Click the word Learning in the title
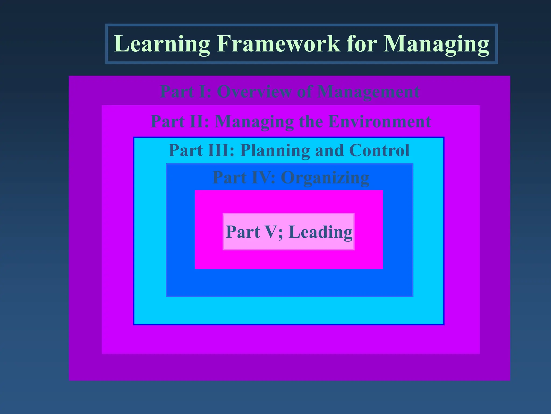[162, 44]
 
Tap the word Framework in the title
[278, 44]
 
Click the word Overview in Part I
[254, 92]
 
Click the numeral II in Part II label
[199, 121]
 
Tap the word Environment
[379, 121]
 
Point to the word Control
[379, 150]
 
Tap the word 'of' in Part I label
[304, 92]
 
